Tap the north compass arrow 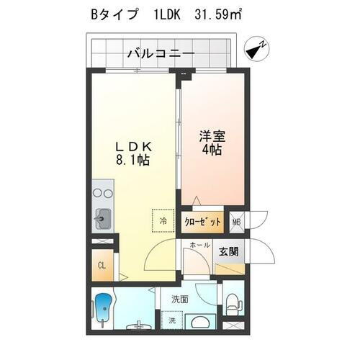(x=256, y=49)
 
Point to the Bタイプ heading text (x=114, y=14)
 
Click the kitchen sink (x=102, y=217)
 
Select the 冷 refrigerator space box (x=162, y=220)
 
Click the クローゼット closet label (x=202, y=222)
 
